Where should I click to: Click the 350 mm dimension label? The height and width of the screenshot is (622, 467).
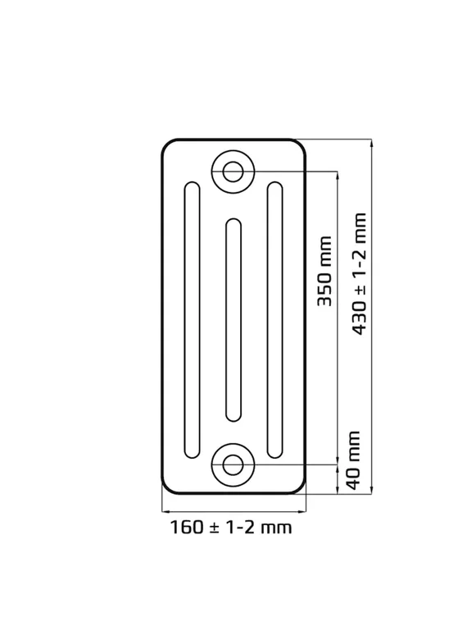pos(324,271)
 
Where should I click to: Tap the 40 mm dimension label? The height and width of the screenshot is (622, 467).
pos(353,460)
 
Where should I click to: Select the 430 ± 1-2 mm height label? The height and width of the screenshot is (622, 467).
pos(359,274)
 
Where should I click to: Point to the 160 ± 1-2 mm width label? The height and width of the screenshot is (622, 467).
pos(231,528)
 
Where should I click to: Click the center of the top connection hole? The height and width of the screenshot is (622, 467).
pos(233,172)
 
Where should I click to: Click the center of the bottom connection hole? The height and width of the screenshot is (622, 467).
pos(233,464)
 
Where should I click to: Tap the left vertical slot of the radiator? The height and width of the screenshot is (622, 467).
pos(192,320)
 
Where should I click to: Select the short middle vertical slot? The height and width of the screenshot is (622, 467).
pos(233,320)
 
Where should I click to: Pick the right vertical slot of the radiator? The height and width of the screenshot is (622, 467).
pos(275,320)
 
